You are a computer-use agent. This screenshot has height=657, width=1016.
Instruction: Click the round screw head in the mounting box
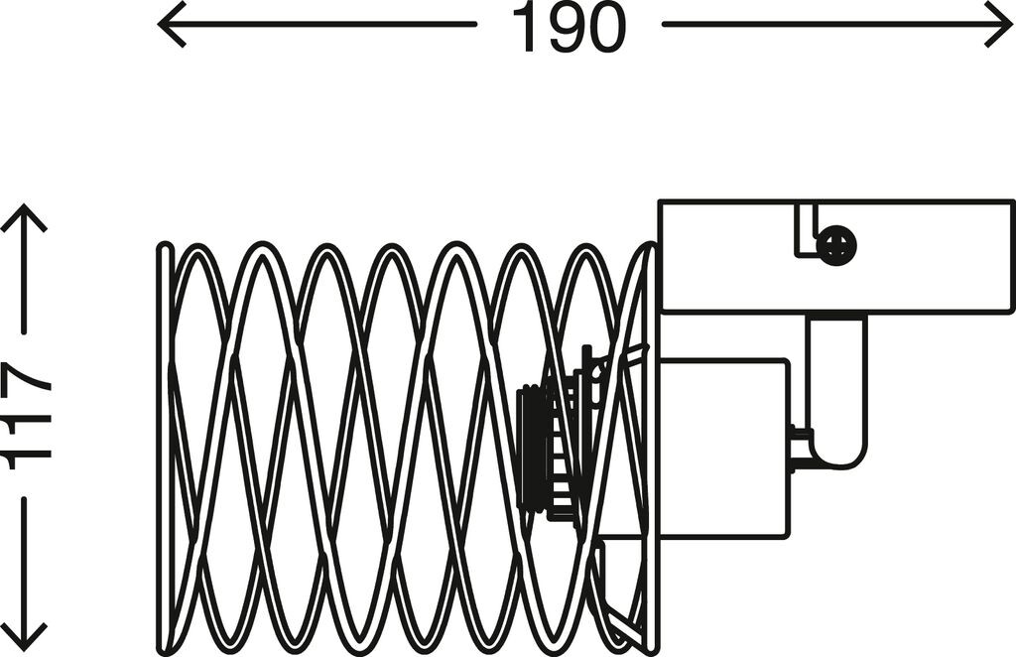836,245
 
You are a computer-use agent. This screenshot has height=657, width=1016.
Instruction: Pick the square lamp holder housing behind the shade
724,447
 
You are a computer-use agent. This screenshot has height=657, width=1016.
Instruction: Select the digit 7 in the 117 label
27,381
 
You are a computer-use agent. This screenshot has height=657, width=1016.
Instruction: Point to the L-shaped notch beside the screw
805,233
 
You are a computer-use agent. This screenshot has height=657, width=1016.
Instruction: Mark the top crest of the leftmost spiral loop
198,250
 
